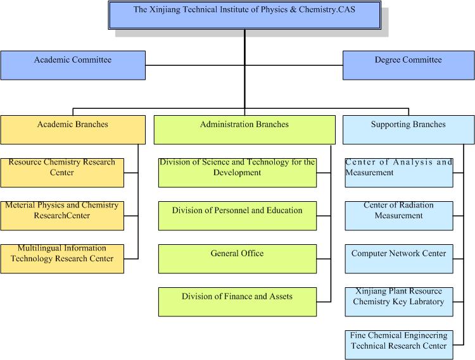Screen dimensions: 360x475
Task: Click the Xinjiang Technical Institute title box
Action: (244, 15)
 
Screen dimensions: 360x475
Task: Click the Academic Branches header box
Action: (73, 130)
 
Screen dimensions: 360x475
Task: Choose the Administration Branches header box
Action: (244, 130)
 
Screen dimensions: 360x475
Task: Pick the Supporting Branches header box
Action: (408, 130)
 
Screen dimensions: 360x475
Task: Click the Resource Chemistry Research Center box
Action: (62, 172)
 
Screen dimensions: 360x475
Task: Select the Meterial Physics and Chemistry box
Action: (62, 215)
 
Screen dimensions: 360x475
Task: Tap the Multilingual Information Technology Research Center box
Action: (62, 258)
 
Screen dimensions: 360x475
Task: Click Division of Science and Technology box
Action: (237, 172)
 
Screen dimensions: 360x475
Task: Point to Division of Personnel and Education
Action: (237, 215)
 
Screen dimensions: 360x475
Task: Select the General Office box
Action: (237, 258)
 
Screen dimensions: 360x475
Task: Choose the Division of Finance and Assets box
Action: (237, 301)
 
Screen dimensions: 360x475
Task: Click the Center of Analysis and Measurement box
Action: (399, 172)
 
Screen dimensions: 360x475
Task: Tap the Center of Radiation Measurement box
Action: (399, 215)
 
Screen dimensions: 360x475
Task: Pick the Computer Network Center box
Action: (399, 258)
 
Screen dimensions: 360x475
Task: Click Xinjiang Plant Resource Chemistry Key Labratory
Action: (399, 301)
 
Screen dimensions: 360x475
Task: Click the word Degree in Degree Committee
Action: (387, 60)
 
